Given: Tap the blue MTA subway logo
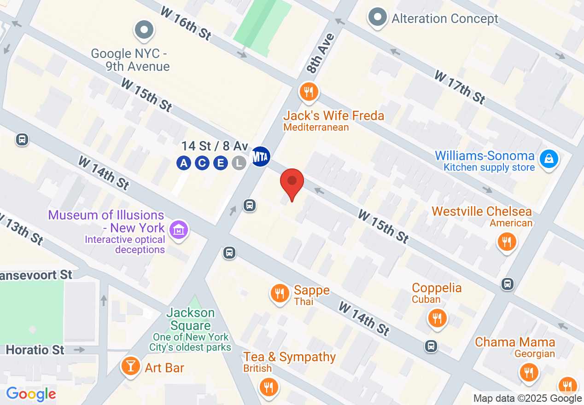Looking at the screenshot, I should point(260,156).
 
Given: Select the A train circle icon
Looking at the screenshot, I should point(184,163).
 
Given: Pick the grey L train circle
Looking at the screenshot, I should point(239,163).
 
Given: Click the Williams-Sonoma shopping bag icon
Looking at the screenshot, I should point(549,159).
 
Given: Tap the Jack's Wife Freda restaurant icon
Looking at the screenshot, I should point(308,92).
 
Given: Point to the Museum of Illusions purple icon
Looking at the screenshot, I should point(178,229).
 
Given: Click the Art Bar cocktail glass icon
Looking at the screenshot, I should point(131,366).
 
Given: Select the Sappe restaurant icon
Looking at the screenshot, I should point(280,293).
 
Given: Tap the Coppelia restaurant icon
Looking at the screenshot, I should point(437,318).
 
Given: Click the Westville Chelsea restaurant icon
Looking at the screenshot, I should point(507,241).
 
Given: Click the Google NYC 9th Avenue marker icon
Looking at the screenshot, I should point(144,30).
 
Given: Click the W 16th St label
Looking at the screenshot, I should point(185,24).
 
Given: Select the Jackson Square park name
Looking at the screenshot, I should point(191,319).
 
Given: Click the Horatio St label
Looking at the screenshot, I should point(35,350).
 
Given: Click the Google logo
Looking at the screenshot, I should point(31,394).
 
